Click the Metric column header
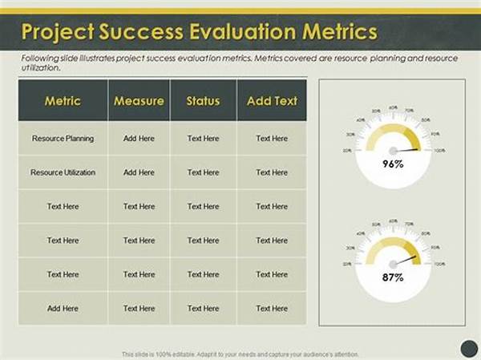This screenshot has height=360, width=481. (x=62, y=101)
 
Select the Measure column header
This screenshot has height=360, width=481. (x=139, y=101)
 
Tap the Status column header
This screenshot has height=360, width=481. (x=203, y=101)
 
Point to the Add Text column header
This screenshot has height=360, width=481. (x=272, y=101)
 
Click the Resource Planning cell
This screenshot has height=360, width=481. (x=63, y=139)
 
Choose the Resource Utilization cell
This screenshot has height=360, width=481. (x=63, y=172)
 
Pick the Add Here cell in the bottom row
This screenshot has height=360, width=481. (x=63, y=308)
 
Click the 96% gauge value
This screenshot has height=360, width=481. (x=392, y=164)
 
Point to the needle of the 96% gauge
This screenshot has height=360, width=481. (x=407, y=150)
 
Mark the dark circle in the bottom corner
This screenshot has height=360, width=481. (x=469, y=347)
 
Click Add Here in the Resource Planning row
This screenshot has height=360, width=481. (x=139, y=139)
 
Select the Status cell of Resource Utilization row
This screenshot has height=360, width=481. (x=203, y=172)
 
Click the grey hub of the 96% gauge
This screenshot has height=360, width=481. (x=393, y=151)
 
